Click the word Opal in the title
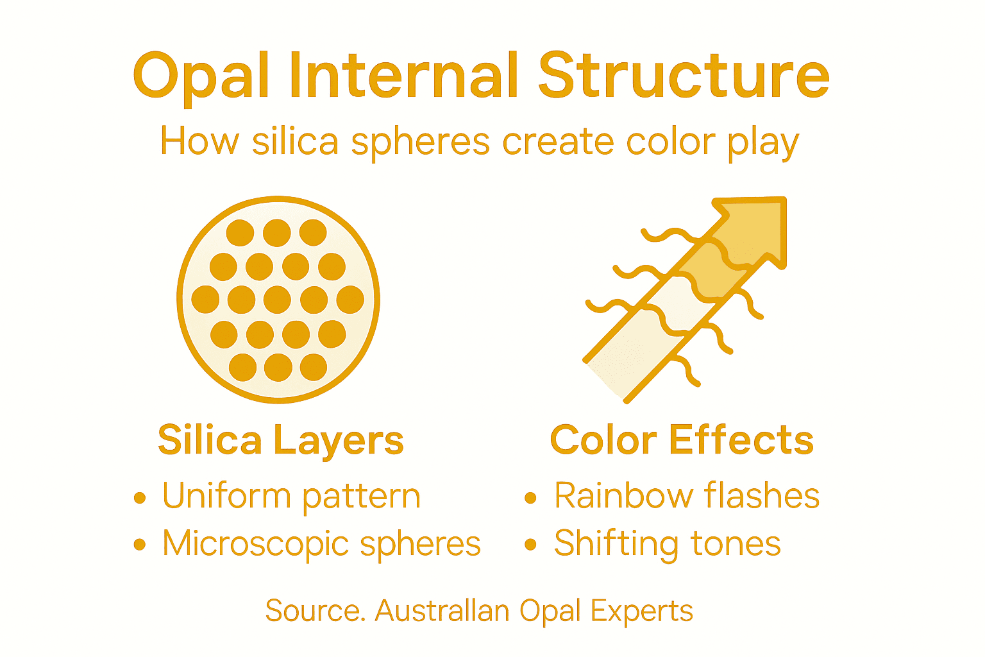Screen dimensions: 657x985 point(201,77)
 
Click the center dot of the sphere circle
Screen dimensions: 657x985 point(278,300)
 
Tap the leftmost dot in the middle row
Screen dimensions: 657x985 point(205,300)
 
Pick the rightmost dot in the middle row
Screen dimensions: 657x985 point(350,300)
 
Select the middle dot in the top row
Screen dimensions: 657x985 point(277,232)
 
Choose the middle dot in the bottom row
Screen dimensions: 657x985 point(278,368)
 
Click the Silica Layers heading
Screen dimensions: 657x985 point(281,440)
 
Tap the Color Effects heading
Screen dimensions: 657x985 point(682,440)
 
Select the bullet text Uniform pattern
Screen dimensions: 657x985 point(291,496)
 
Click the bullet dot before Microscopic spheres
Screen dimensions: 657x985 point(140,545)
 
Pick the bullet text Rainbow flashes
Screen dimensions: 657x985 point(687,496)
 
